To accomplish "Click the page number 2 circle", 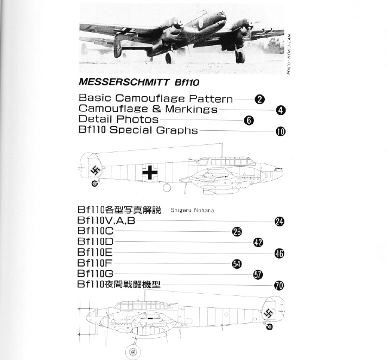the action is click(x=259, y=99).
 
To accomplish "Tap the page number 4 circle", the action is click(x=281, y=110).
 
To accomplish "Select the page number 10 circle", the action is click(x=281, y=131).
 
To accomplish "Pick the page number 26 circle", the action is click(x=237, y=232).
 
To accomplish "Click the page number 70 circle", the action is click(x=279, y=286).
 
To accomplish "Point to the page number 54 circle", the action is click(x=237, y=264).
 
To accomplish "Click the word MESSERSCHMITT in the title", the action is click(x=124, y=82).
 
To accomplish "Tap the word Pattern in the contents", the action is click(x=211, y=99).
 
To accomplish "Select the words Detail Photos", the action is click(x=118, y=119).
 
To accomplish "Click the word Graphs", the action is click(x=177, y=130).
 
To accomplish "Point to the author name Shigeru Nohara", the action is click(x=192, y=210).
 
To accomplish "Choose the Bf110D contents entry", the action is click(x=96, y=242).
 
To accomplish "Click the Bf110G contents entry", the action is click(x=96, y=274).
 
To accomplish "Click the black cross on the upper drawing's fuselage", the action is click(x=150, y=172).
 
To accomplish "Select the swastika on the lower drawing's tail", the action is click(x=268, y=314).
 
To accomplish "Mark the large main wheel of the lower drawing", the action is click(x=133, y=352).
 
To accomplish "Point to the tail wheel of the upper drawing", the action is click(x=94, y=184).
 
